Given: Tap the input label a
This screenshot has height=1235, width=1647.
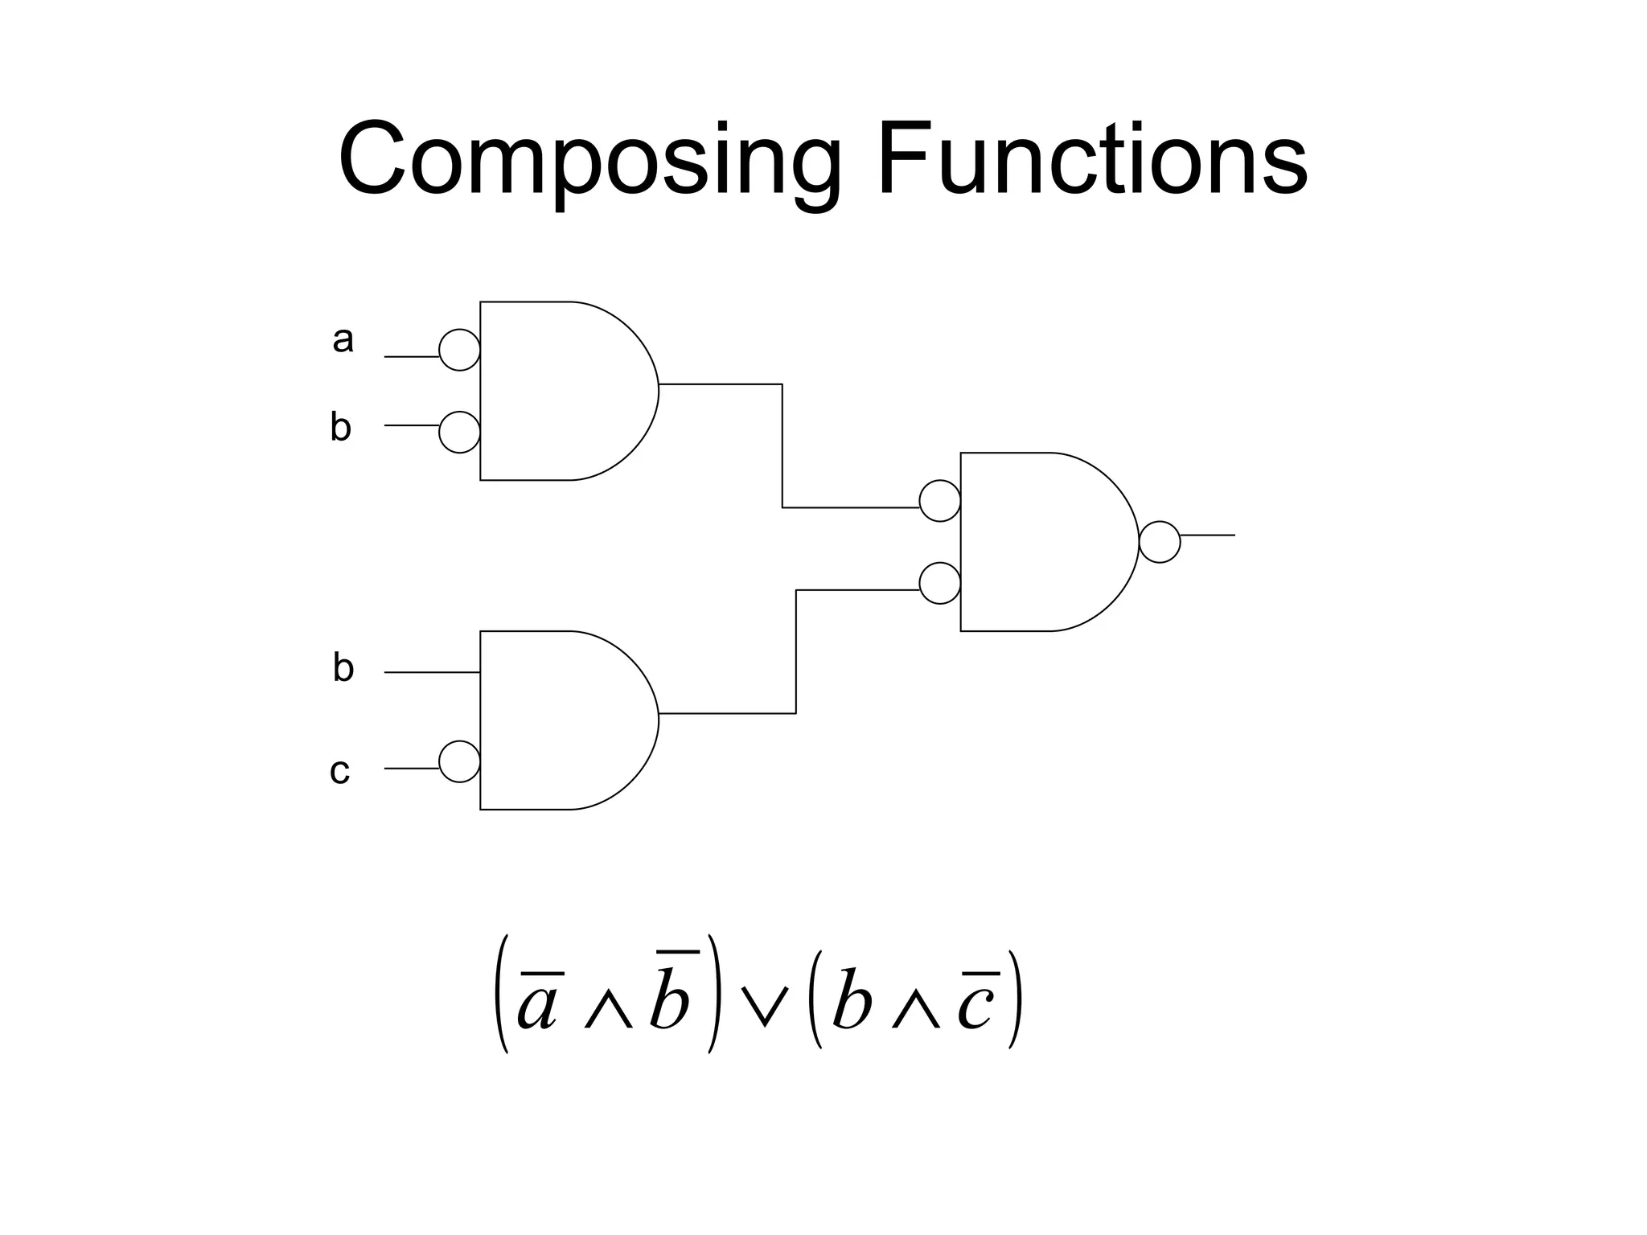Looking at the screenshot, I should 343,339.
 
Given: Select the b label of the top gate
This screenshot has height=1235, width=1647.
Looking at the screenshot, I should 340,426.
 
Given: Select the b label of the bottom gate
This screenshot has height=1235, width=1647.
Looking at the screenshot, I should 343,667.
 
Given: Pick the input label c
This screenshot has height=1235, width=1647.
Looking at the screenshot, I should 339,771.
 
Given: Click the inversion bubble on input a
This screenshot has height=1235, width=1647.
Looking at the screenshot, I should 459,350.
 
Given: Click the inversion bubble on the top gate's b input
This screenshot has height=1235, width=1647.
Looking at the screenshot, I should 459,433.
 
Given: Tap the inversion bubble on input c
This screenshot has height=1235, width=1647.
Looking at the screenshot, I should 459,761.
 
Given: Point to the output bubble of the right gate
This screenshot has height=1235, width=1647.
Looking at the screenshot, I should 1160,542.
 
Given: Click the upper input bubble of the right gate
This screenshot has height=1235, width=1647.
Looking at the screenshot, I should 939,501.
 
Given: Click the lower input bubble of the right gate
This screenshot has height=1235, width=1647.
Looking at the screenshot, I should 939,584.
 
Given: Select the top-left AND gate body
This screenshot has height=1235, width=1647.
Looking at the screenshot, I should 563,391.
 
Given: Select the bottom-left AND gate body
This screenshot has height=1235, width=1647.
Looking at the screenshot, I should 563,720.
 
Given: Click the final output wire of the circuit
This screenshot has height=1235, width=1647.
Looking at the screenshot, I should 1208,535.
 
